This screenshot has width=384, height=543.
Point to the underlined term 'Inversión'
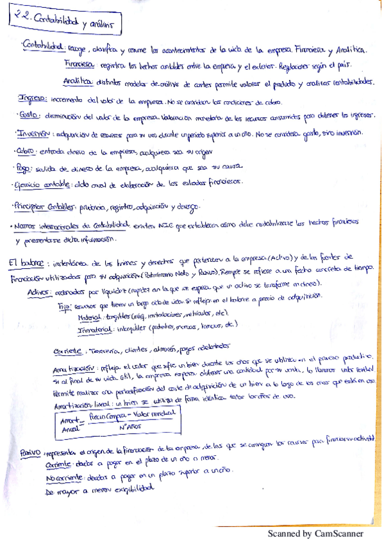click(34, 134)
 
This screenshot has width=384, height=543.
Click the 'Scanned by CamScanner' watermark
click(315, 533)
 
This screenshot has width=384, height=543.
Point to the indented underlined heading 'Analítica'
click(78, 82)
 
